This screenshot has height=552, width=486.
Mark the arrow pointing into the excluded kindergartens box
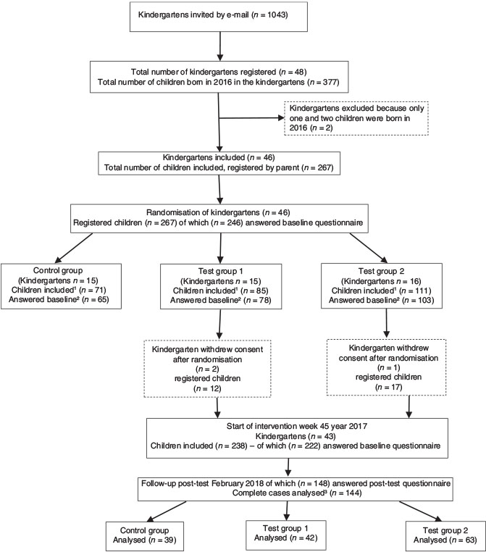249,120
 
